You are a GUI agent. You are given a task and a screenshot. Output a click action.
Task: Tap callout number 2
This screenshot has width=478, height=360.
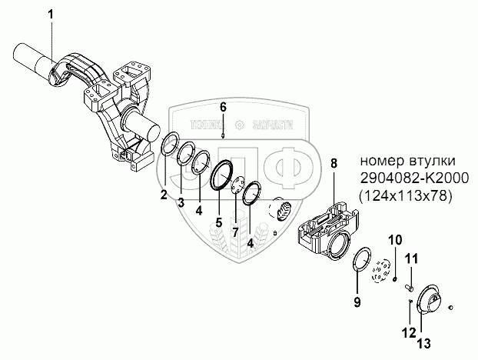click(164, 195)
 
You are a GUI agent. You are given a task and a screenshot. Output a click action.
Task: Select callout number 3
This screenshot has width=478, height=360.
click(181, 202)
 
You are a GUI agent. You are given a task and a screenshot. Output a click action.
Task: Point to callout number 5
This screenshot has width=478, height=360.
click(219, 223)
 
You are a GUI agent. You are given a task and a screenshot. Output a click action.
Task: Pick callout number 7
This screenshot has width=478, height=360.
click(235, 232)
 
